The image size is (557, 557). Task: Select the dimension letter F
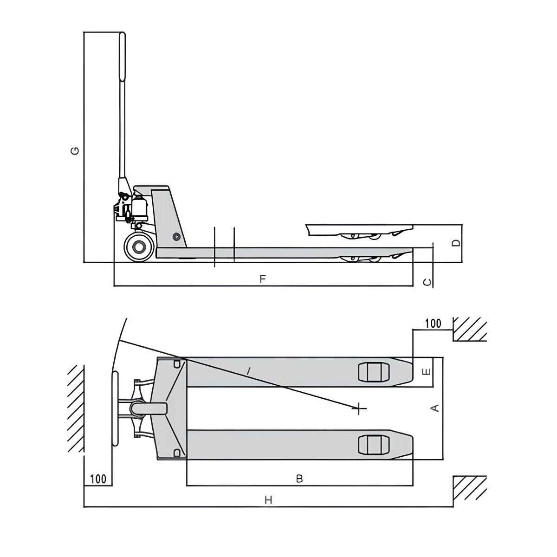click(x=263, y=278)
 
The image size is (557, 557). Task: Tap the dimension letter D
click(x=456, y=243)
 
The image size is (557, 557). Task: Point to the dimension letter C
click(x=428, y=282)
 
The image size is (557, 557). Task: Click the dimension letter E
click(x=427, y=371)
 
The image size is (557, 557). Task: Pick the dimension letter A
click(x=435, y=408)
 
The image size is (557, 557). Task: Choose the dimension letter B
click(x=299, y=479)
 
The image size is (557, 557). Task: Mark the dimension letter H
click(x=268, y=500)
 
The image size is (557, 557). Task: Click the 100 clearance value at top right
click(x=433, y=324)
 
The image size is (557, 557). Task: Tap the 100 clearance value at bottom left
click(x=98, y=478)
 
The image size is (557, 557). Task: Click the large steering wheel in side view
click(x=138, y=247)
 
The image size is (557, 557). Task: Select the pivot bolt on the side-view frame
click(x=176, y=237)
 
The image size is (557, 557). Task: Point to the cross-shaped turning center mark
click(x=359, y=408)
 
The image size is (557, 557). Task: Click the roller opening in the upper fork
click(x=374, y=372)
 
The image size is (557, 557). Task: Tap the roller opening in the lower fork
click(x=374, y=445)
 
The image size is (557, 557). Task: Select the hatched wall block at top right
click(x=470, y=329)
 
